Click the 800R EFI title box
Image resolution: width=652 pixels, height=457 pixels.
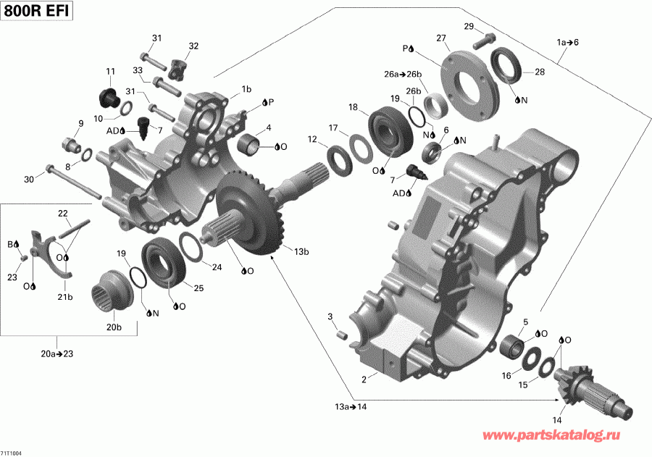coord(36,12)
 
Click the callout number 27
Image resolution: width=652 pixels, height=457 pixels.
coord(440,38)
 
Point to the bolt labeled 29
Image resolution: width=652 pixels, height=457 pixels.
coord(485,41)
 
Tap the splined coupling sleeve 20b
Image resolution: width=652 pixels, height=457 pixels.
coord(109,293)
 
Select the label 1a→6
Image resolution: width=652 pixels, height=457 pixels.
coord(567,42)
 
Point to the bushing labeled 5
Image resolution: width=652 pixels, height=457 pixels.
coord(514,345)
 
